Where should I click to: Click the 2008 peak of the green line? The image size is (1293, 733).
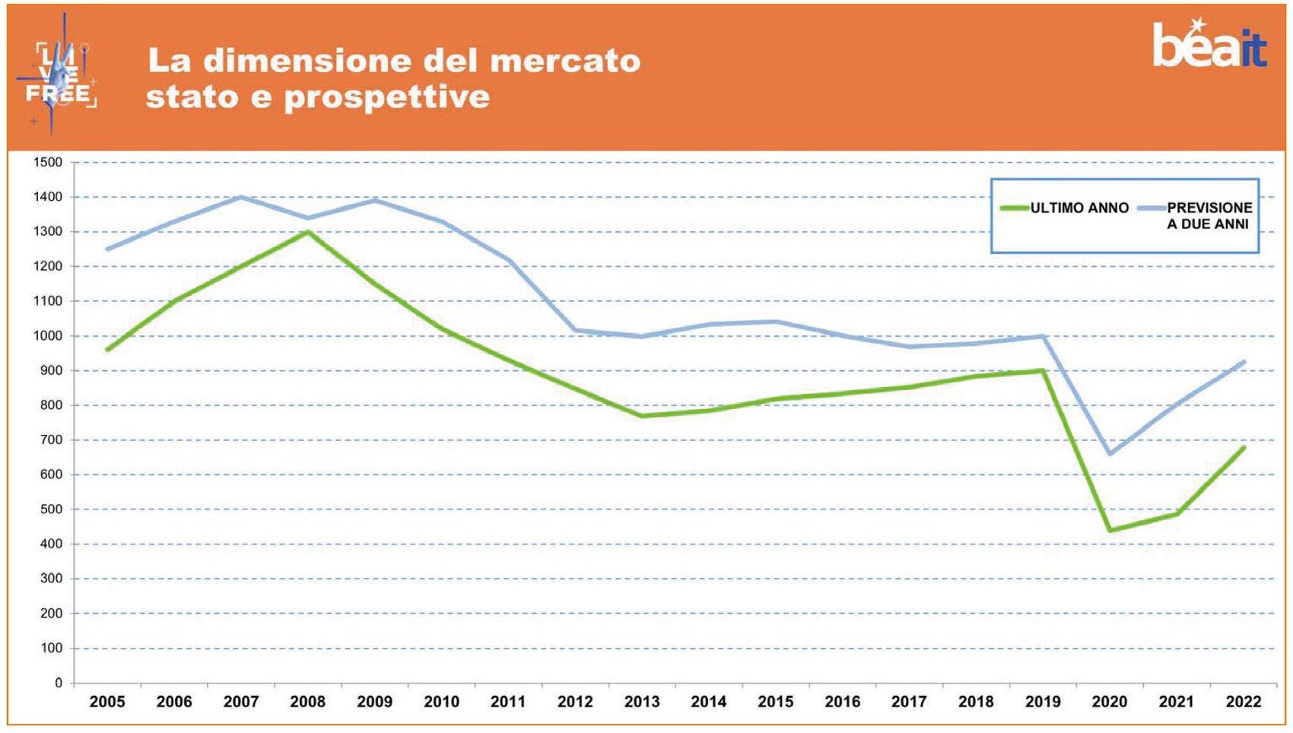[307, 232]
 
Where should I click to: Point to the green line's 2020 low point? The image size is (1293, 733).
[1110, 531]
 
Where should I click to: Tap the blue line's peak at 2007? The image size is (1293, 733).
[241, 197]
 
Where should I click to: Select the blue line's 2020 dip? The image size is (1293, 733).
[1110, 454]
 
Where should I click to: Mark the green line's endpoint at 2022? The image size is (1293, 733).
[1244, 447]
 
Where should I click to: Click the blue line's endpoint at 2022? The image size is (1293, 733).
[1244, 362]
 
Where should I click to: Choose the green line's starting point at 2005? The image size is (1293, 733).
[107, 350]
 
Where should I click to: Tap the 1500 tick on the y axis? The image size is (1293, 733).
[48, 162]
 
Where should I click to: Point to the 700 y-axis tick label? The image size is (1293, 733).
[51, 439]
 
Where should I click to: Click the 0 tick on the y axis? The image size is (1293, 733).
[59, 683]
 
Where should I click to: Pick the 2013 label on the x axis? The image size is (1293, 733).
[642, 702]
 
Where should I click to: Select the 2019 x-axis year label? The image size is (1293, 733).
[1043, 702]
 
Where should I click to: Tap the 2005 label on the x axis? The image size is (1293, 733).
[107, 702]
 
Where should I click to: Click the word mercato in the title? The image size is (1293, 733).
[565, 61]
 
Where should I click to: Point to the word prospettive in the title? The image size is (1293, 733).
[387, 97]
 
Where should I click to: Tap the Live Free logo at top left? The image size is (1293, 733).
[58, 76]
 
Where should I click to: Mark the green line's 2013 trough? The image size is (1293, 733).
[642, 416]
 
